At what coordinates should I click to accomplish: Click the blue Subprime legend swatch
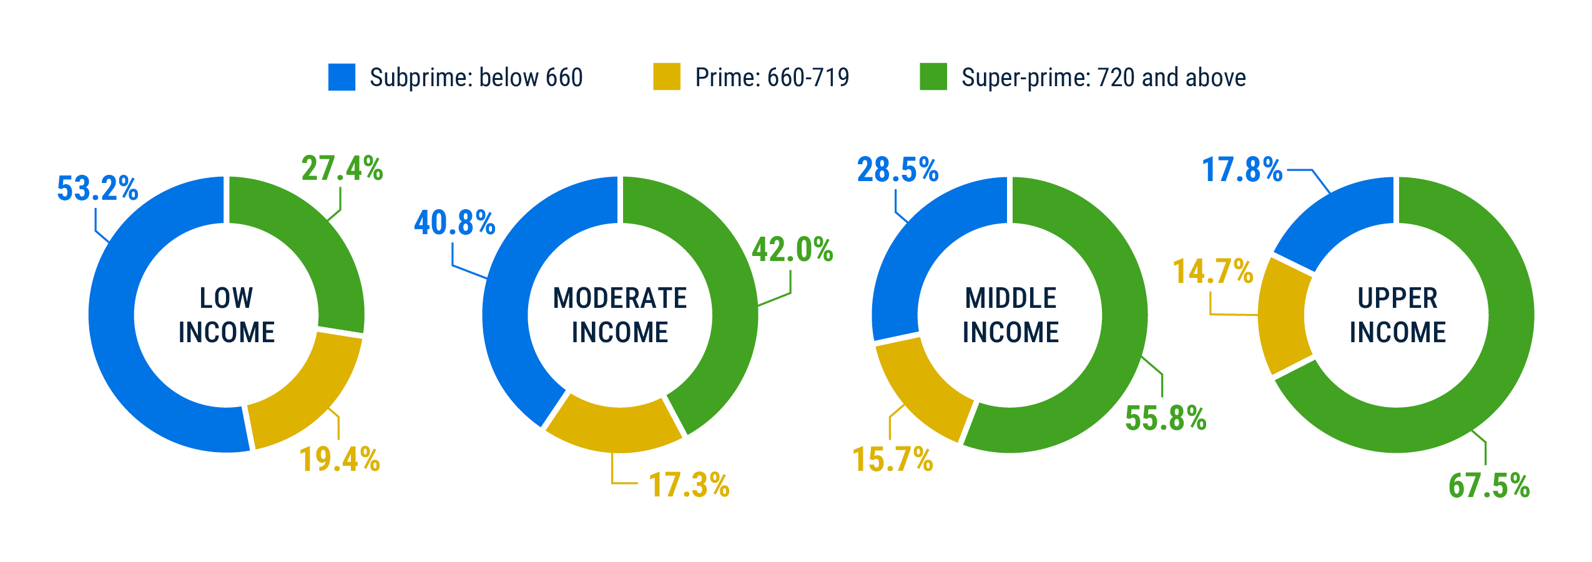coord(341,77)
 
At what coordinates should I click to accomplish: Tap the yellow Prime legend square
coord(666,77)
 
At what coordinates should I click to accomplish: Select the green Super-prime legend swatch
coord(933,77)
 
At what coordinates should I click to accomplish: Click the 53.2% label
coord(97,189)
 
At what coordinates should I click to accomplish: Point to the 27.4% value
coord(342,169)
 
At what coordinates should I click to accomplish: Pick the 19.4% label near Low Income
coord(340,460)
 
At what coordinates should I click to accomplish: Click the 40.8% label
coord(455,223)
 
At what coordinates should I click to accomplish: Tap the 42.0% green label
coord(792,250)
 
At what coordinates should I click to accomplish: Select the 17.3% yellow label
coord(689,485)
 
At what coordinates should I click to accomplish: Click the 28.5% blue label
coord(898,170)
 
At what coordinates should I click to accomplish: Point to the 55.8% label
coord(1166,418)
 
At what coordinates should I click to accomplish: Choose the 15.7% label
coord(893,460)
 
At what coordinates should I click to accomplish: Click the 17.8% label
coord(1242,170)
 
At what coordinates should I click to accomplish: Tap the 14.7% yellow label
coord(1213,272)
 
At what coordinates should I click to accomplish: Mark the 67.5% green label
coord(1489,486)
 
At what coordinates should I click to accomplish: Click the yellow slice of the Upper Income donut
coord(1284,316)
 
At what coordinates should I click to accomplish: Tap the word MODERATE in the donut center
coord(620,298)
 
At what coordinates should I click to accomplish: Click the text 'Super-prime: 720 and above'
coord(1103,77)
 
